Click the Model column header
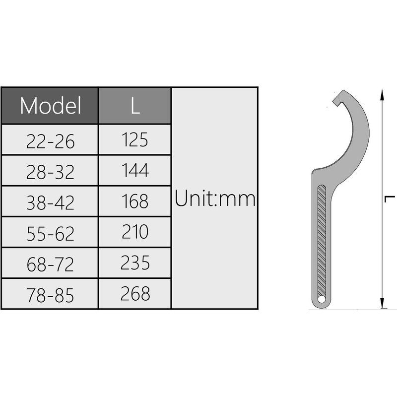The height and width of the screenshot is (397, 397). [50, 106]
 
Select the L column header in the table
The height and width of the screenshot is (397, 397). [135, 106]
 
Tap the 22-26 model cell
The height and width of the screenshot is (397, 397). [50, 142]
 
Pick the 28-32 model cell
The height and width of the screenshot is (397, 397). [50, 172]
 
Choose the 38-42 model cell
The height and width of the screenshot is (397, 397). [50, 203]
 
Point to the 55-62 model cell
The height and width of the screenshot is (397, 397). [50, 233]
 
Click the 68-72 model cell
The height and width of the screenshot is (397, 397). [50, 264]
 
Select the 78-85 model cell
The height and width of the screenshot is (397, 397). [50, 295]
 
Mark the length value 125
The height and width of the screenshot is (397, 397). [135, 140]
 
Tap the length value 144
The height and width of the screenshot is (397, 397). [135, 171]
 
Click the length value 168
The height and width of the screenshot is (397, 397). [135, 201]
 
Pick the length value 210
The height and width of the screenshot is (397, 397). [135, 232]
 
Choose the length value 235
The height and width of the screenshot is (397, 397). [135, 263]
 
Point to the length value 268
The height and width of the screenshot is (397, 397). [135, 294]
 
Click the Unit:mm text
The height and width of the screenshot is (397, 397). [215, 199]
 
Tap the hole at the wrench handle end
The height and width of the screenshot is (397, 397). [322, 299]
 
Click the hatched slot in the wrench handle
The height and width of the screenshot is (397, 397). [322, 238]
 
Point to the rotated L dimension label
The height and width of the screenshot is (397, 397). [391, 199]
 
